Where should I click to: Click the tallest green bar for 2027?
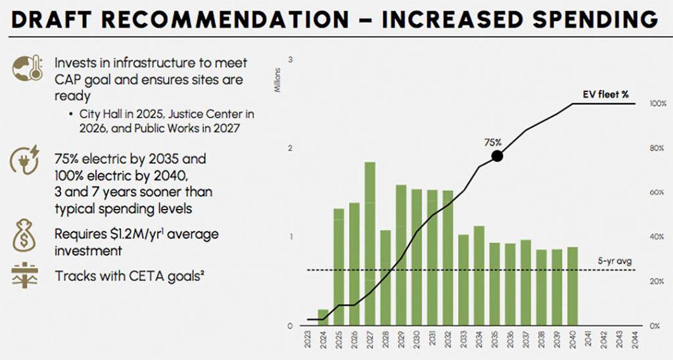pyautogui.click(x=369, y=244)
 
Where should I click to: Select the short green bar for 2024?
pyautogui.click(x=323, y=317)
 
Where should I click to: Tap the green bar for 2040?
pyautogui.click(x=572, y=286)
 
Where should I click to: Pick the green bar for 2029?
pyautogui.click(x=401, y=256)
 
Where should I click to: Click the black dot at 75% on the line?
pyautogui.click(x=498, y=156)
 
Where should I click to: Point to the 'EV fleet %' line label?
pyautogui.click(x=605, y=94)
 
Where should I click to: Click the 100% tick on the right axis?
pyautogui.click(x=657, y=104)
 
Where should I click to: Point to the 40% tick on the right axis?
pyautogui.click(x=657, y=237)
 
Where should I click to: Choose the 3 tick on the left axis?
pyautogui.click(x=290, y=60)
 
